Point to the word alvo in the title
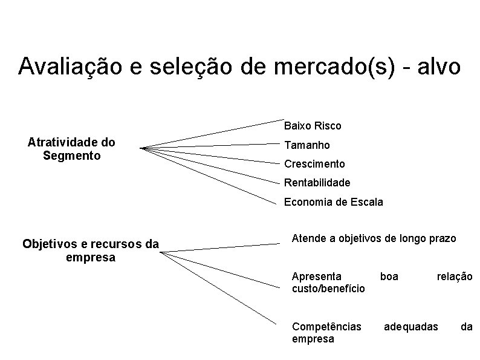(x=436, y=67)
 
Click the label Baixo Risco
(x=313, y=126)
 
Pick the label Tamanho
(x=307, y=145)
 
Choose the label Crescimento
(x=314, y=164)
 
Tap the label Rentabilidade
(x=317, y=182)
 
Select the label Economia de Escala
(x=334, y=202)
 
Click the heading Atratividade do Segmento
(x=71, y=149)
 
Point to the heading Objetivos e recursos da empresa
(x=91, y=250)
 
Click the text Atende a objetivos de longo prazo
(x=374, y=238)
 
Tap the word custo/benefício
(x=328, y=289)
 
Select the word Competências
(x=326, y=327)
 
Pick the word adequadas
(x=411, y=327)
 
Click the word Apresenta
(x=316, y=277)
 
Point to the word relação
(x=455, y=277)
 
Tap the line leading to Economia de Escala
(x=212, y=175)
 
